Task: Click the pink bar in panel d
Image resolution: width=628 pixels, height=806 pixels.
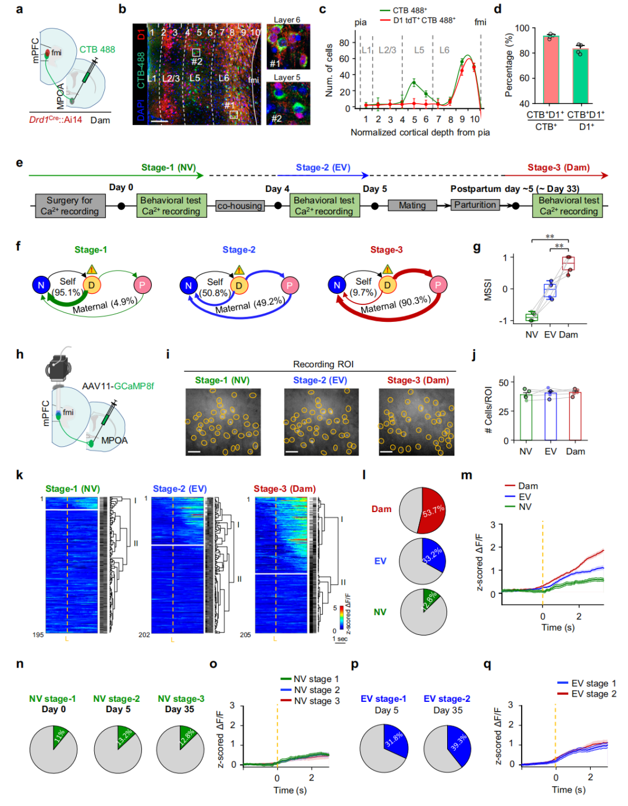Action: pos(551,70)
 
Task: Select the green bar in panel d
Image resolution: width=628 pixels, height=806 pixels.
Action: pos(580,76)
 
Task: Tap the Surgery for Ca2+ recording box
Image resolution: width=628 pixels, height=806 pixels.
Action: pos(70,206)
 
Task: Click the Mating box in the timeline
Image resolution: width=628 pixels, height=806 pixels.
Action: pos(412,205)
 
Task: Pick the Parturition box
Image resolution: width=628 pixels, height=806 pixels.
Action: pos(475,205)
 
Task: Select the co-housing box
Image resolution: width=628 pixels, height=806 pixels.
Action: pos(240,205)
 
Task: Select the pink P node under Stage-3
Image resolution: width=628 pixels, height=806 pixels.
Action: pos(438,285)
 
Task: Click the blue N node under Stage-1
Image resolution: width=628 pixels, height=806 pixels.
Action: pos(41,285)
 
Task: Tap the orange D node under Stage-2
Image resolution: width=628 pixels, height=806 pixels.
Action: pos(239,285)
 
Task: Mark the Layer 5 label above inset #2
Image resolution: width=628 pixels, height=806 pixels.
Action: pos(287,77)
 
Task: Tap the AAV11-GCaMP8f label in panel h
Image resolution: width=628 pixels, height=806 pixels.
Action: pos(118,386)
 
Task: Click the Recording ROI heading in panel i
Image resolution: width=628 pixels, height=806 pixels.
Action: pos(323,364)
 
